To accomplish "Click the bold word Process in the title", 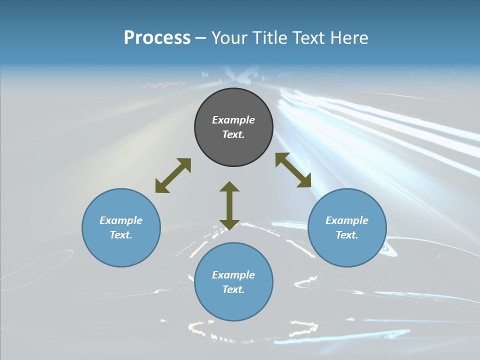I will [x=157, y=38].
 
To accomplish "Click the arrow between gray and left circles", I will [x=173, y=175].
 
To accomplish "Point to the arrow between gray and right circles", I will [x=293, y=170].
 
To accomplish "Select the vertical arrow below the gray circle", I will [x=229, y=205].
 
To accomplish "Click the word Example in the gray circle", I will [x=233, y=120].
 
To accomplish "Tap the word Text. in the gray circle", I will [x=233, y=134].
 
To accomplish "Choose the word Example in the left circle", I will [x=121, y=220].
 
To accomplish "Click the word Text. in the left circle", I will [x=121, y=235].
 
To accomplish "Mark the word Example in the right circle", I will [x=347, y=220].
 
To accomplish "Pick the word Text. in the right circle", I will [x=347, y=235].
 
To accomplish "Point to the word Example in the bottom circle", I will [x=233, y=275].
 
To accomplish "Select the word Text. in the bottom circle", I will [x=233, y=289].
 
